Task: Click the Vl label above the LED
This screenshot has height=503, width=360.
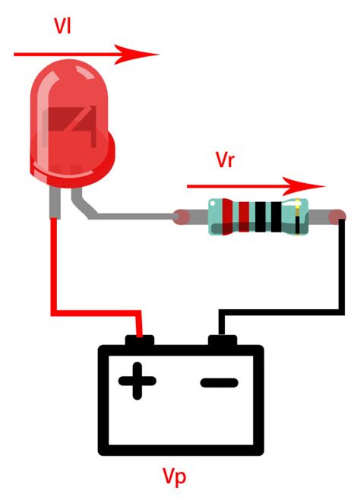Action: pos(64,24)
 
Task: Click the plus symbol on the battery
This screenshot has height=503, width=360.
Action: pos(137,381)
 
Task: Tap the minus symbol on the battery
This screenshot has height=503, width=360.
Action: pos(219,381)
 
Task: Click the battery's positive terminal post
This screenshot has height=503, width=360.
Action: pos(141,341)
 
